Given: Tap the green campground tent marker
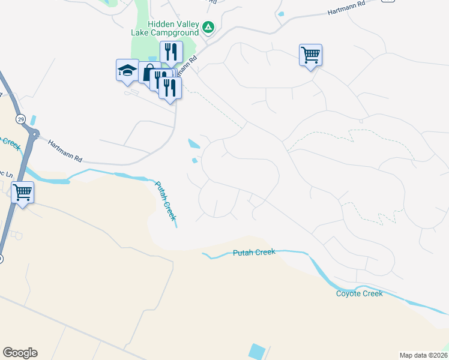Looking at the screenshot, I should (x=208, y=27).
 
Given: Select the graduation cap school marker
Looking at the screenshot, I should (x=127, y=71).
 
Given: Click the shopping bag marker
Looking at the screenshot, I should (x=148, y=73).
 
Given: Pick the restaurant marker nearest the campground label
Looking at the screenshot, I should (x=171, y=53).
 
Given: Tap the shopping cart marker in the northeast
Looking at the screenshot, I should (x=310, y=56).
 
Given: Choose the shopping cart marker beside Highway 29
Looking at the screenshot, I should (x=23, y=193).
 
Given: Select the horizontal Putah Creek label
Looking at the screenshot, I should (x=254, y=253).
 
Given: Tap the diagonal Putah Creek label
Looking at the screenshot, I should (x=166, y=200).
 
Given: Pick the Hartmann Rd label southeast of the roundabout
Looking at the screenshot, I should (x=64, y=151).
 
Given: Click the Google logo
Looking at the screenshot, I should (x=20, y=353).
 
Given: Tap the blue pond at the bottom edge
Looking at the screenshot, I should (x=257, y=352).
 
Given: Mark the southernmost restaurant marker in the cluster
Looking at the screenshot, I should (x=170, y=88).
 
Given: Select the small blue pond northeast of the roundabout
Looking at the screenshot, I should (x=32, y=120).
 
